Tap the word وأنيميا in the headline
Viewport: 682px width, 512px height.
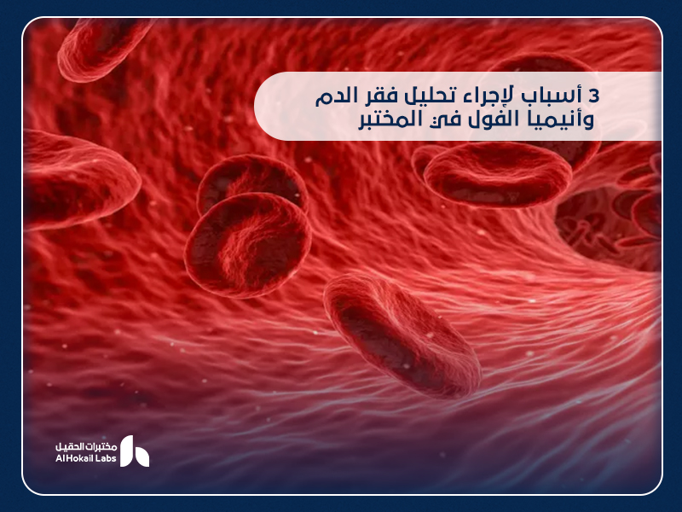[559, 119]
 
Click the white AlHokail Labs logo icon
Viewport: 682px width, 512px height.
[134, 451]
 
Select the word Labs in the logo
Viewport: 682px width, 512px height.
[107, 459]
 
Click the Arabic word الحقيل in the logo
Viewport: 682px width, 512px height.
[68, 445]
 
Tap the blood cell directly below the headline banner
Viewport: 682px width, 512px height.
[497, 175]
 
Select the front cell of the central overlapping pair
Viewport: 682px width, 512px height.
[247, 242]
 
